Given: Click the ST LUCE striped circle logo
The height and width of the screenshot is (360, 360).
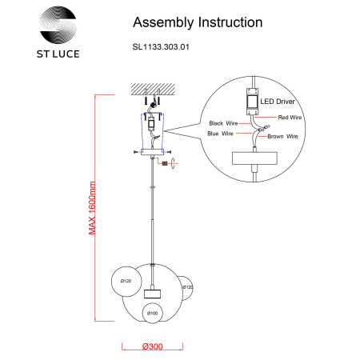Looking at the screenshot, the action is [58, 25].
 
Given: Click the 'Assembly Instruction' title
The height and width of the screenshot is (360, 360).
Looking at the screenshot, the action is [198, 22].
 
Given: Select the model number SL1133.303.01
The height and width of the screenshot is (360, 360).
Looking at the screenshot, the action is [161, 47].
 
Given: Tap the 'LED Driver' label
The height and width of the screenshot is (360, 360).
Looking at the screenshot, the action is [278, 102].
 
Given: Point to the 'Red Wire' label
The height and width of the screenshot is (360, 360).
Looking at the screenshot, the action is [290, 118].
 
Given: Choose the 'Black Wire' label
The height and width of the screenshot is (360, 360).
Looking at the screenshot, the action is [223, 123].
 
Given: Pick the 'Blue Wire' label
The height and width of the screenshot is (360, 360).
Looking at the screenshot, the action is [220, 134].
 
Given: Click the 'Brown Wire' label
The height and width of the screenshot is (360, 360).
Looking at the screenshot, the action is [282, 136].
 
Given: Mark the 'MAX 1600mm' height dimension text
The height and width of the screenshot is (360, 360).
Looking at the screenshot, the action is [92, 208].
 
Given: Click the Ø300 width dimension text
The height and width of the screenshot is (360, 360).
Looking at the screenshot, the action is [153, 346].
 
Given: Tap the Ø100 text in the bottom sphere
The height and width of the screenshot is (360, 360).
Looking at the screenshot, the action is [153, 313].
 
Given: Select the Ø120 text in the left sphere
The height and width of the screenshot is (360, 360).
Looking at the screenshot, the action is [126, 281].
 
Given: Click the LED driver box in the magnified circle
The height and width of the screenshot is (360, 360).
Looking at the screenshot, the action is [252, 102].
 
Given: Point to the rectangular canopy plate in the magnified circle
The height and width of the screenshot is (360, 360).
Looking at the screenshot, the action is [254, 158].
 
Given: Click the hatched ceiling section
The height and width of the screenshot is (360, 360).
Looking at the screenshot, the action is [153, 89].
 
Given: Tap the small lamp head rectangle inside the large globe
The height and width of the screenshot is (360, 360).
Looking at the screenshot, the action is [152, 294].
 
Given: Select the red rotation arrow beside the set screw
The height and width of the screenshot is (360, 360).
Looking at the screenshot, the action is [174, 163].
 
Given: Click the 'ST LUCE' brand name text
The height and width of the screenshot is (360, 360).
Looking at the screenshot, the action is [58, 54].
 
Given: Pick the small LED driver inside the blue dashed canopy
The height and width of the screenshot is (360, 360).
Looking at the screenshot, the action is [151, 123].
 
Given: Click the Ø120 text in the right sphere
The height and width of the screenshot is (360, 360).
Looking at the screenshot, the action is [188, 287].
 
